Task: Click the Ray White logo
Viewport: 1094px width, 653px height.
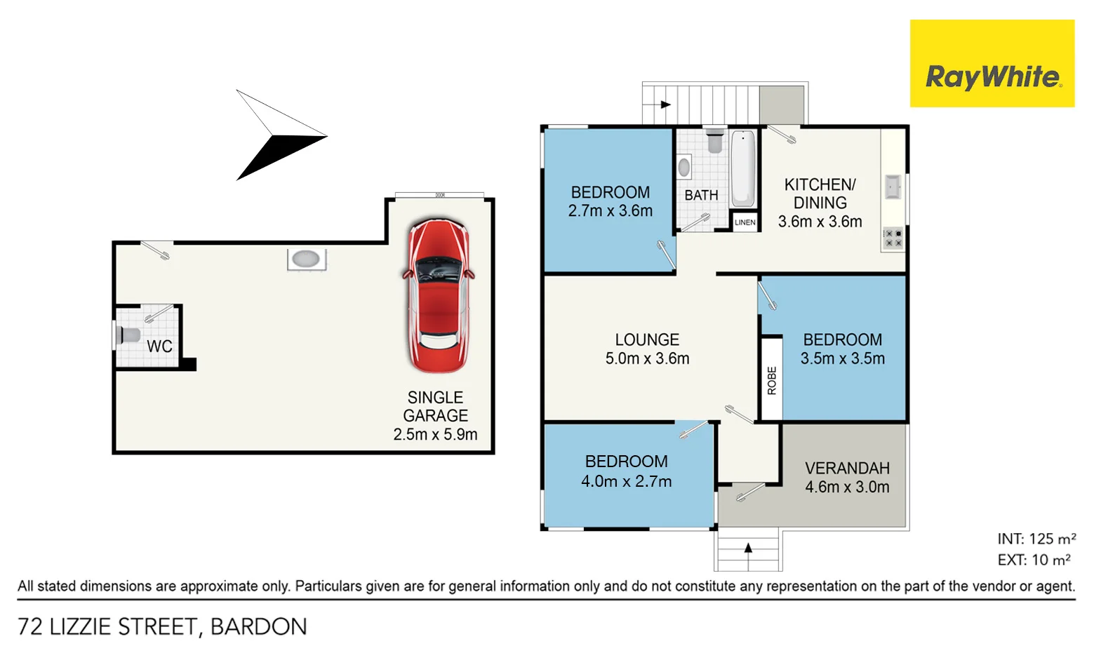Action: point(992,64)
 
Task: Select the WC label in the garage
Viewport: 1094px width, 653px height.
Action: point(159,346)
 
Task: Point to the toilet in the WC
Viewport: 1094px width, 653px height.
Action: point(129,335)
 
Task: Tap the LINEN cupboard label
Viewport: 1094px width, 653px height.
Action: point(745,222)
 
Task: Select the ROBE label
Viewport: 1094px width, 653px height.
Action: point(772,380)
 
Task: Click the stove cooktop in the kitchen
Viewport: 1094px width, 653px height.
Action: point(893,238)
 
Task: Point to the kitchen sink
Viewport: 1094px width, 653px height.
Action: point(893,187)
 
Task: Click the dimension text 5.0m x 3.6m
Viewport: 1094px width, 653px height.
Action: point(647,358)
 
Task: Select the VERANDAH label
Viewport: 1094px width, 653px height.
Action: point(847,468)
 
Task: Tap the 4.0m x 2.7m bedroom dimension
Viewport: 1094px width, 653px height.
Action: point(626,481)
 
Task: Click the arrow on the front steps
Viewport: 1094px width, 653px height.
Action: point(748,548)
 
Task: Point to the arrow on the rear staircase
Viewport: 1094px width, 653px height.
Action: point(664,105)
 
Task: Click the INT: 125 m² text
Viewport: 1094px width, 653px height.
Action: point(1036,539)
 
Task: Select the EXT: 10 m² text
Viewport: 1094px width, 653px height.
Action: point(1034,560)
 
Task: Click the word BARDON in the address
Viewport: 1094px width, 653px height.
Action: point(258,626)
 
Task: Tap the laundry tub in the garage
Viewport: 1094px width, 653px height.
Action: point(306,260)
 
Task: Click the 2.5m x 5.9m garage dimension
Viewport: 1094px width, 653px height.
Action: point(435,434)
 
